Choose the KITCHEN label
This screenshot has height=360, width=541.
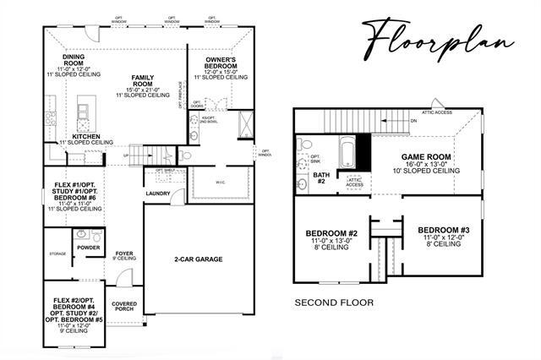tap(86, 136)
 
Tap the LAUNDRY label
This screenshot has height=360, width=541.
tap(158, 193)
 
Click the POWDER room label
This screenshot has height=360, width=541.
tap(89, 248)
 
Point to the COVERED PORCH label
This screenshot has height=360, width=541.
tap(123, 306)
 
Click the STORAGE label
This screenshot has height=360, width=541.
tap(57, 253)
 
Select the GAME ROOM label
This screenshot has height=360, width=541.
tap(424, 157)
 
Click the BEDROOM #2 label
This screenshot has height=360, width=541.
tap(331, 233)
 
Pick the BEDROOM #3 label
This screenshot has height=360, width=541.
tap(443, 229)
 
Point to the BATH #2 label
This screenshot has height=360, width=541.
tap(320, 176)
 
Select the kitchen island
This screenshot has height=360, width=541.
tap(85, 110)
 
